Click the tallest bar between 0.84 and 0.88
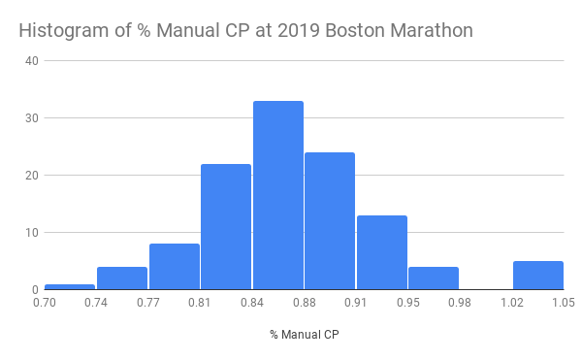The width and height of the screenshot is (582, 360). pyautogui.click(x=277, y=195)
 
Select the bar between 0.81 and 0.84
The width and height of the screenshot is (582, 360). pyautogui.click(x=226, y=226)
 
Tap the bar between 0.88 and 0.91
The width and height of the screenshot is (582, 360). pyautogui.click(x=330, y=220)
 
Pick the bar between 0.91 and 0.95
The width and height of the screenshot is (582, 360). pyautogui.click(x=381, y=252)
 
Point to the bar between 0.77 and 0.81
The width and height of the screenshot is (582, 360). pyautogui.click(x=175, y=266)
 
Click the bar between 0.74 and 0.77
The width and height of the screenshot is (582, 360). pyautogui.click(x=122, y=278)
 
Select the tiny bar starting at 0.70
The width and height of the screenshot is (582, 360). pyautogui.click(x=70, y=286)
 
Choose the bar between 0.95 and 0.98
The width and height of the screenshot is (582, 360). pyautogui.click(x=434, y=278)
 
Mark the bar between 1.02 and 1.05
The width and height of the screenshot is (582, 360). pyautogui.click(x=537, y=275)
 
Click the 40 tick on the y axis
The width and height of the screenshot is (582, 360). pyautogui.click(x=32, y=61)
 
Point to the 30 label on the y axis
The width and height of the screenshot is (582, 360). pyautogui.click(x=32, y=118)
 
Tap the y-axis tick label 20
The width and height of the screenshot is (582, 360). pyautogui.click(x=32, y=176)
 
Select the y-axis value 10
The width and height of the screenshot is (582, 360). pyautogui.click(x=32, y=233)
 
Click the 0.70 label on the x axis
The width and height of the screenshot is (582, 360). pyautogui.click(x=45, y=302)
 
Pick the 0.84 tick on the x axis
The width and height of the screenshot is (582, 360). pyautogui.click(x=252, y=302)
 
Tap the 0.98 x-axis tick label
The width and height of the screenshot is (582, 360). pyautogui.click(x=460, y=302)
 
